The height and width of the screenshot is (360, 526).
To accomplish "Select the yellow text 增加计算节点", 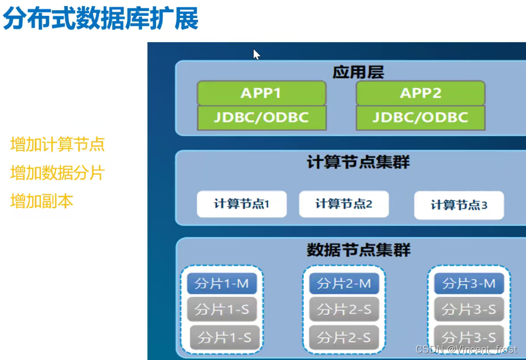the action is click(58, 144).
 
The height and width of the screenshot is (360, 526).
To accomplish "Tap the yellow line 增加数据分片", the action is click(58, 172).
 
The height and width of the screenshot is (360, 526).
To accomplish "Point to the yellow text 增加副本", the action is click(42, 201).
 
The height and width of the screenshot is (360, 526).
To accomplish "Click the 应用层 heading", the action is click(359, 72).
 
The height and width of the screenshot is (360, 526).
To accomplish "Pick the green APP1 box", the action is click(261, 93).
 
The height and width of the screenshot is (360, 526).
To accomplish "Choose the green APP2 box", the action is click(421, 93).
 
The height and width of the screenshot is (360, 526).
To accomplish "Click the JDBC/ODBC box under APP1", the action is click(261, 117).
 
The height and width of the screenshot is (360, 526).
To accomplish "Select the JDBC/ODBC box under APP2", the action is click(421, 117).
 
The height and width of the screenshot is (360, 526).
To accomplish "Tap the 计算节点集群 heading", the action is click(359, 162).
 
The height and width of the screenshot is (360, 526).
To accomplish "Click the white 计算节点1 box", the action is click(242, 204).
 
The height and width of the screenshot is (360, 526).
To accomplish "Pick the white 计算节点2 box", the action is click(344, 204).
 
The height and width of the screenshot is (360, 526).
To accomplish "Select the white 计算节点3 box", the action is click(459, 205).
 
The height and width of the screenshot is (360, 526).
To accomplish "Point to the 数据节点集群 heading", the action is click(359, 249).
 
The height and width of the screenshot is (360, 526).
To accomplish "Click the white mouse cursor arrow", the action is click(257, 54).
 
